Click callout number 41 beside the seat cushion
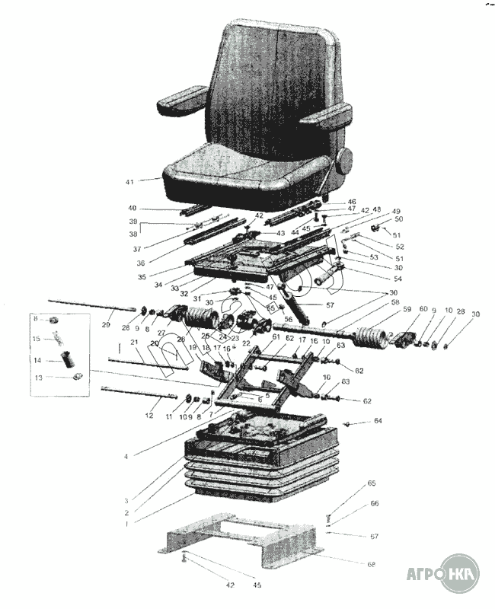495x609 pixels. click(129, 183)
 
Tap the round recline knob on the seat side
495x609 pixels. click(344, 161)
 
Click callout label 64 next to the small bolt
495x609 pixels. click(378, 421)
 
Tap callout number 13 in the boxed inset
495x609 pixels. click(37, 377)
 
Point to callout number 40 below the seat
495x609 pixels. click(132, 208)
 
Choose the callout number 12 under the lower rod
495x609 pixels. click(149, 415)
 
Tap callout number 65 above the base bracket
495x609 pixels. click(372, 483)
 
